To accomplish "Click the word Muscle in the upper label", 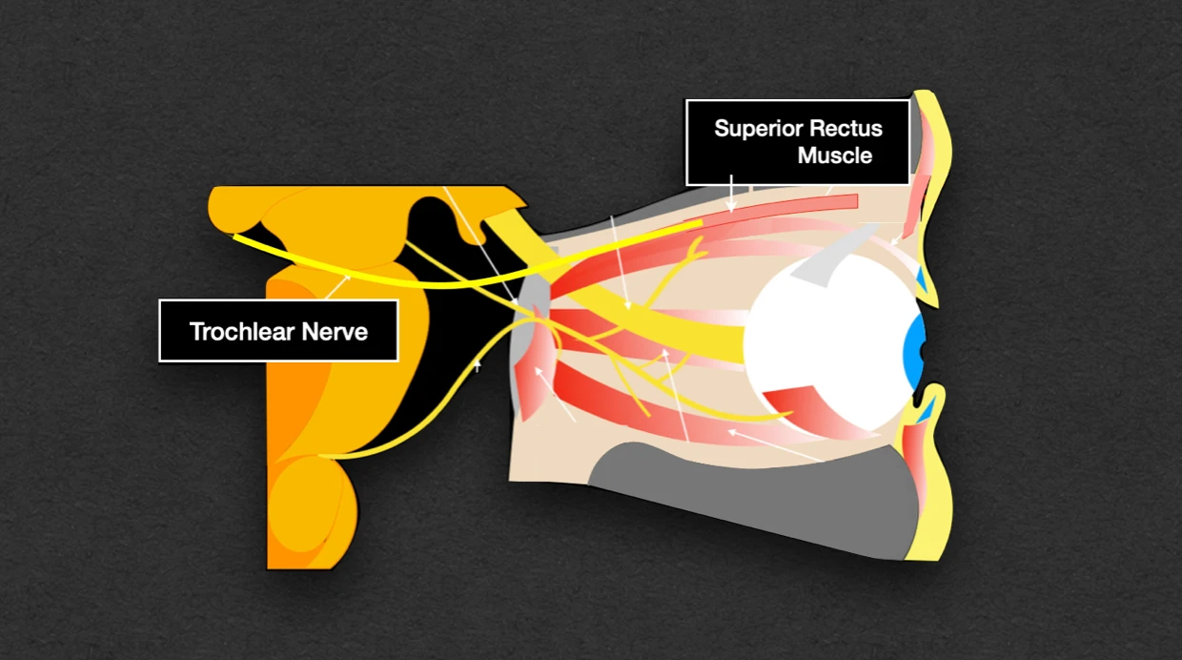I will (835, 155).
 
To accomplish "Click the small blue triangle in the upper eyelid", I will (920, 279).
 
